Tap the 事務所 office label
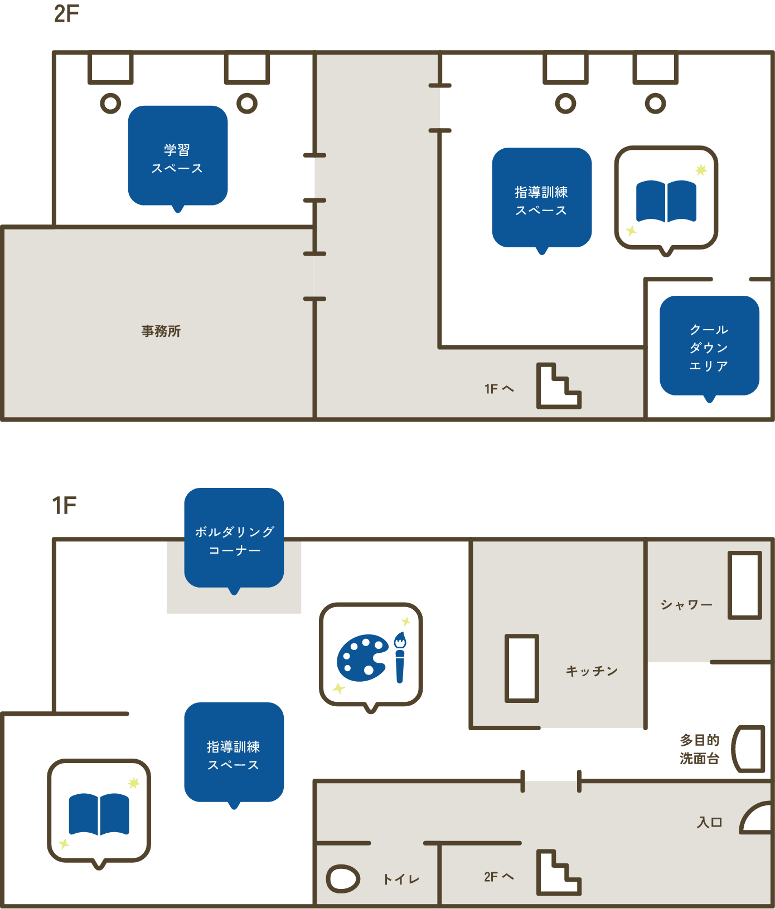pyautogui.click(x=161, y=331)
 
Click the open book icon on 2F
pyautogui.click(x=666, y=201)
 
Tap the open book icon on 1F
pyautogui.click(x=99, y=813)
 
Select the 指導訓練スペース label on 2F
pyautogui.click(x=541, y=201)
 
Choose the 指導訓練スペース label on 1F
pyautogui.click(x=234, y=755)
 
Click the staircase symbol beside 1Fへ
pyautogui.click(x=559, y=386)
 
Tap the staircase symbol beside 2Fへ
pyautogui.click(x=559, y=873)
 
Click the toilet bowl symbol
pyautogui.click(x=343, y=879)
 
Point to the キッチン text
pyautogui.click(x=592, y=671)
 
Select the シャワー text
pyautogui.click(x=687, y=605)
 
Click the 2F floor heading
pyautogui.click(x=66, y=14)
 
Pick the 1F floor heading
pyautogui.click(x=64, y=506)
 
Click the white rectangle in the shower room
pyautogui.click(x=745, y=585)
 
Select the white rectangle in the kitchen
pyautogui.click(x=522, y=668)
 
